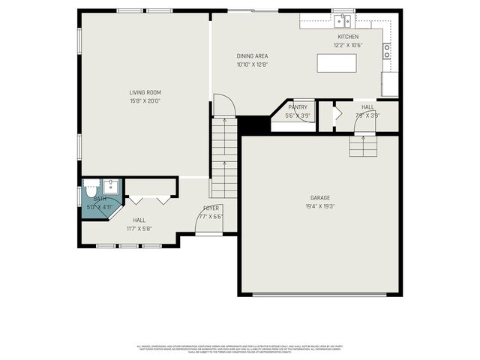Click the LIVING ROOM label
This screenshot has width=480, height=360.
pos(145,92)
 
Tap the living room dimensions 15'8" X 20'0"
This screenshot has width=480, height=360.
pos(145,100)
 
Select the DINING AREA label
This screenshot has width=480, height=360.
pos(252,56)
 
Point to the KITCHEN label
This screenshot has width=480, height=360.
pos(348,37)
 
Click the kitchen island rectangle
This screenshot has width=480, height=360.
pos(337,64)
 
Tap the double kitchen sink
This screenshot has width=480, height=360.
pos(343,19)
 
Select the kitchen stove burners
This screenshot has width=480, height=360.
pos(387,51)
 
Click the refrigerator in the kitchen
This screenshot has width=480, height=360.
pos(389,84)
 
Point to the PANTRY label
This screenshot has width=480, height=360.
pos(298,107)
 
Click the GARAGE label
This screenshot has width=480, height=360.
pos(320,198)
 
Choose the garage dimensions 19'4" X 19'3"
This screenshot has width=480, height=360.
pos(320,206)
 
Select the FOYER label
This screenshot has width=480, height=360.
pos(211,208)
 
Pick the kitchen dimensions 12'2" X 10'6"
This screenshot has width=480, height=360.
pos(348,45)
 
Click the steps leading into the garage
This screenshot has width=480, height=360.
pos(364,145)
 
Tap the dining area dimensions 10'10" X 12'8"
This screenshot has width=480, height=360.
pos(252,65)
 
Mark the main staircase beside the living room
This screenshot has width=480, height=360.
pos(223,157)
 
